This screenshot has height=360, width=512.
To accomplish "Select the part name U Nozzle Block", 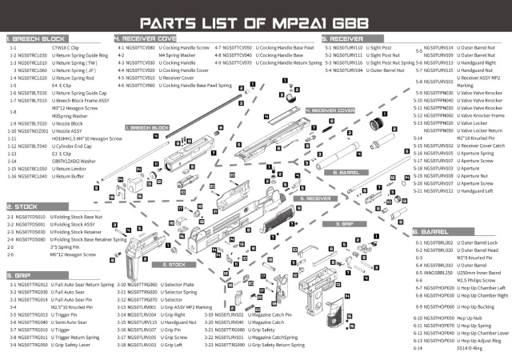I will pos(64,124).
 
